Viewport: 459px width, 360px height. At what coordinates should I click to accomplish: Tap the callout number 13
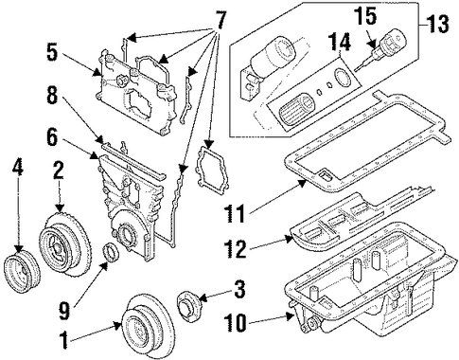(438, 24)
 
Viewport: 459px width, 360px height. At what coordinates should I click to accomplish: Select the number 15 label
(365, 16)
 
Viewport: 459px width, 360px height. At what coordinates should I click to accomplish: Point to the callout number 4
(18, 166)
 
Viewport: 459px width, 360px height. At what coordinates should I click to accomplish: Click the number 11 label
(236, 213)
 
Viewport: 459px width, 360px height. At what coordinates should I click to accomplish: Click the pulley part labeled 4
(22, 272)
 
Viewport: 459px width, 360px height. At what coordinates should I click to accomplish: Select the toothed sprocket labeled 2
(65, 244)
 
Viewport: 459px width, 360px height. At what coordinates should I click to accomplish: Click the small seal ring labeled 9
(111, 253)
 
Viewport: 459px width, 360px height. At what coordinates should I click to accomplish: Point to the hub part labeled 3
(188, 307)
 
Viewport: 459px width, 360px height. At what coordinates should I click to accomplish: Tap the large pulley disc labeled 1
(147, 326)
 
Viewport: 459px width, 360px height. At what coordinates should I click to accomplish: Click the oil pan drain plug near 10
(313, 324)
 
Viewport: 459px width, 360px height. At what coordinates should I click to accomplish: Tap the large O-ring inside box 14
(342, 77)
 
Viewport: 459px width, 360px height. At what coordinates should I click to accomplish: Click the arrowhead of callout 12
(290, 239)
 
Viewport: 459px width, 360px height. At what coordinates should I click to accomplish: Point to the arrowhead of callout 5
(98, 73)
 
